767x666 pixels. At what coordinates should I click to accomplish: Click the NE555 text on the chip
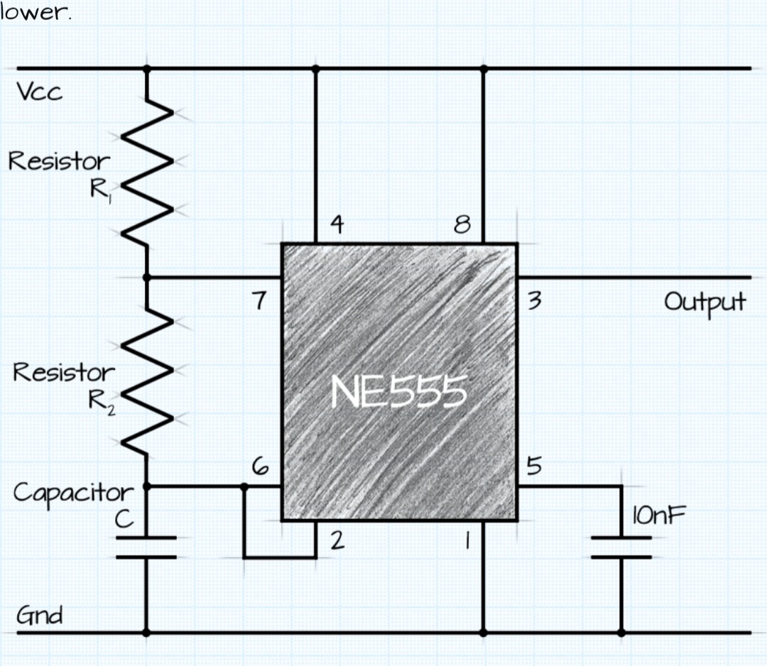click(400, 391)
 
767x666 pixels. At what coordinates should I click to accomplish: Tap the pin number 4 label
click(338, 225)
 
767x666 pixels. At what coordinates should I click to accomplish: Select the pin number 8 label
click(462, 225)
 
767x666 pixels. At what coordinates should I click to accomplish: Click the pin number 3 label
click(534, 302)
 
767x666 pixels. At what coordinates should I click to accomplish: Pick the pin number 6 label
click(261, 466)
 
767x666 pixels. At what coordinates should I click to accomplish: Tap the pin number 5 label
click(534, 466)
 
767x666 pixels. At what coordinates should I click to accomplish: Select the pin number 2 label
click(337, 541)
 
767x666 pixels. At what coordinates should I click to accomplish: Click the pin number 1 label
click(467, 541)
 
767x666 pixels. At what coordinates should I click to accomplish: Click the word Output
click(705, 302)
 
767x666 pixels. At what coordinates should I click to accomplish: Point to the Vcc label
click(40, 92)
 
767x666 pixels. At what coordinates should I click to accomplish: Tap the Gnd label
click(40, 615)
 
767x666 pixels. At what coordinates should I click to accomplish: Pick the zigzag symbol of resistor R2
click(148, 381)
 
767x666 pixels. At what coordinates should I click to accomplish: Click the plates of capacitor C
click(146, 547)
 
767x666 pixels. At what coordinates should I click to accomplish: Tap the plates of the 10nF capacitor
click(621, 547)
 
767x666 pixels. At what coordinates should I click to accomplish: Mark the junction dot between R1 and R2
click(147, 277)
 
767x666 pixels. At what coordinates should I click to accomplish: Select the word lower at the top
click(36, 13)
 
